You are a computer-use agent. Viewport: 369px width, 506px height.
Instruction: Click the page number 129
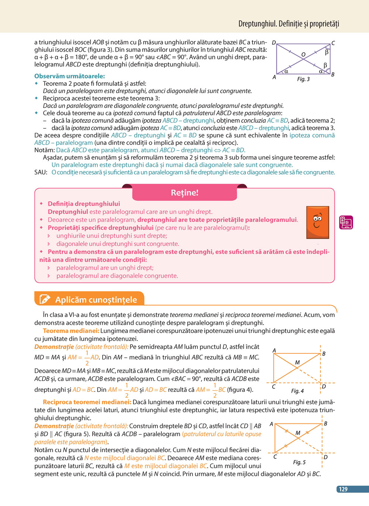[x=343, y=489]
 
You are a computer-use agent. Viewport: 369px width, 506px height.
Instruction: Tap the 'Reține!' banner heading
[x=184, y=192]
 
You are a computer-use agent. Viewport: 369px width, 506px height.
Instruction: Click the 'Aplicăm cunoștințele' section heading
[x=96, y=300]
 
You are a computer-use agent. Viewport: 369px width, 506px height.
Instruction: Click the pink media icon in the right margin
[x=346, y=222]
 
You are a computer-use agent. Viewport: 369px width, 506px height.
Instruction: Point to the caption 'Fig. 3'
[x=303, y=79]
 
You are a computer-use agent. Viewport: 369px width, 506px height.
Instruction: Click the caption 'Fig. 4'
[x=297, y=391]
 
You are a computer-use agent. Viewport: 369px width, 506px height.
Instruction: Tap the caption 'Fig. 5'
[x=299, y=462]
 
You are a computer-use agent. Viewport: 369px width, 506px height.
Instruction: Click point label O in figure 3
[x=303, y=55]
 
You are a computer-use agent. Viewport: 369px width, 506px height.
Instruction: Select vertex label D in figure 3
[x=274, y=43]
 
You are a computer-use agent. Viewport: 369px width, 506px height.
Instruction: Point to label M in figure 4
[x=297, y=363]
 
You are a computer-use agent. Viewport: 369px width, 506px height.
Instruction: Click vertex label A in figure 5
[x=271, y=424]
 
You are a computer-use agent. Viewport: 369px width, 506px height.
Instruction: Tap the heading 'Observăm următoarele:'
[x=69, y=76]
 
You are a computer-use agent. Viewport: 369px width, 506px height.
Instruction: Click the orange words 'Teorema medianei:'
[x=71, y=331]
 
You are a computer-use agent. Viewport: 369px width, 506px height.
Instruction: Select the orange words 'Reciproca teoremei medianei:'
[x=87, y=402]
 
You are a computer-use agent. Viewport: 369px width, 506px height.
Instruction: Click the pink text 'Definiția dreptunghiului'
[x=84, y=204]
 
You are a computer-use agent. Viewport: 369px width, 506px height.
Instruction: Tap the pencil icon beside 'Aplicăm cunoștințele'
[x=45, y=299]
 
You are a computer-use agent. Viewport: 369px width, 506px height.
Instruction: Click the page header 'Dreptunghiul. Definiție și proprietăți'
[x=289, y=24]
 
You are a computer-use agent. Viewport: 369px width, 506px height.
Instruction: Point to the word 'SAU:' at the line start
[x=41, y=172]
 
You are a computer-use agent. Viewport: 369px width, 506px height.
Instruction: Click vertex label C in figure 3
[x=333, y=43]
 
